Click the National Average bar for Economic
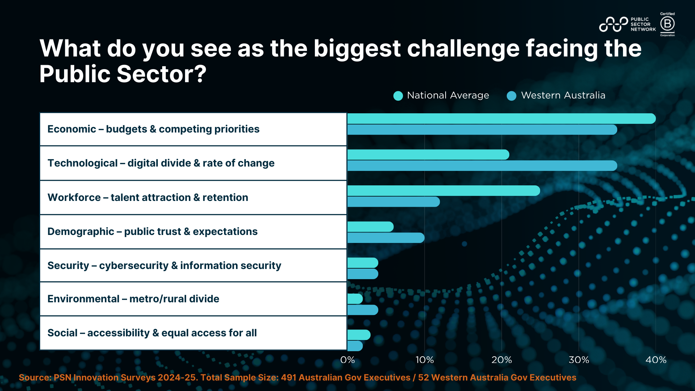click(501, 118)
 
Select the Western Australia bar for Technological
click(482, 166)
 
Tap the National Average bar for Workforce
click(443, 191)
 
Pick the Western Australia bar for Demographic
click(386, 238)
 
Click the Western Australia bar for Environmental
click(363, 310)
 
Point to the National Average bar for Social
click(359, 335)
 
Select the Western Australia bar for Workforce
click(393, 202)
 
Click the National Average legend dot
click(398, 96)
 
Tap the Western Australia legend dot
click(511, 96)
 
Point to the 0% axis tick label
click(347, 360)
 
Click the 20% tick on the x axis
click(502, 360)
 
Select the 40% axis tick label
click(656, 360)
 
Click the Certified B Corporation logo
click(667, 24)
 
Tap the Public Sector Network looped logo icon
click(613, 24)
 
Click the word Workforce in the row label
click(74, 198)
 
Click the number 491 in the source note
click(288, 378)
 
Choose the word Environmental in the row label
click(83, 299)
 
